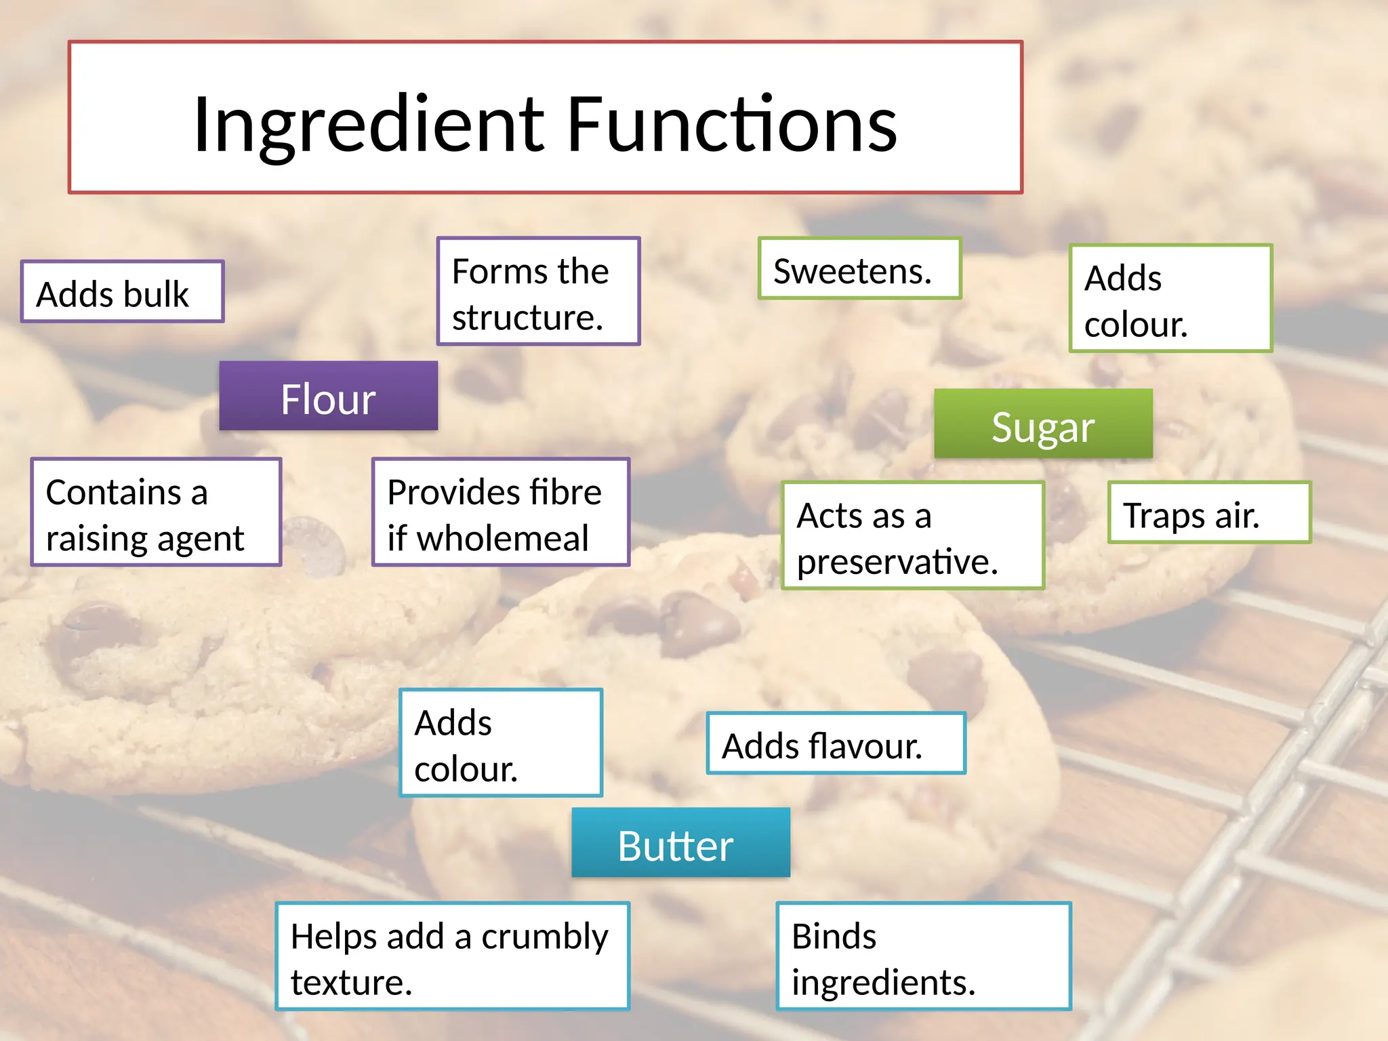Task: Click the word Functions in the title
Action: (x=732, y=125)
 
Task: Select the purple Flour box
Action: (x=329, y=396)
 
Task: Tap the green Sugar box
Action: (x=1043, y=424)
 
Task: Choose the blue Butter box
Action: (x=680, y=843)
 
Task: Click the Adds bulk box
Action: (x=122, y=292)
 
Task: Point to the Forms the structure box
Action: (x=538, y=291)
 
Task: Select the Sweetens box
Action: (x=859, y=269)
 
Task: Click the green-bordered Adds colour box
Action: (x=1170, y=299)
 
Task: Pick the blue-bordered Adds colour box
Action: (x=501, y=743)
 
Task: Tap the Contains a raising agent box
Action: (x=156, y=512)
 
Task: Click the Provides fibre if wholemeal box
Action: (x=501, y=512)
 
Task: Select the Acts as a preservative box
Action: (x=912, y=536)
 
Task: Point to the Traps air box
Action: (x=1209, y=513)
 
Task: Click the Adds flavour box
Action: (x=836, y=743)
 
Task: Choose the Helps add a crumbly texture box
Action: (x=452, y=957)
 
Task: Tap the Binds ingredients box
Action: (x=923, y=957)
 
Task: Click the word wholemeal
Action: (x=502, y=539)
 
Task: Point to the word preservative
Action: (x=897, y=562)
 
